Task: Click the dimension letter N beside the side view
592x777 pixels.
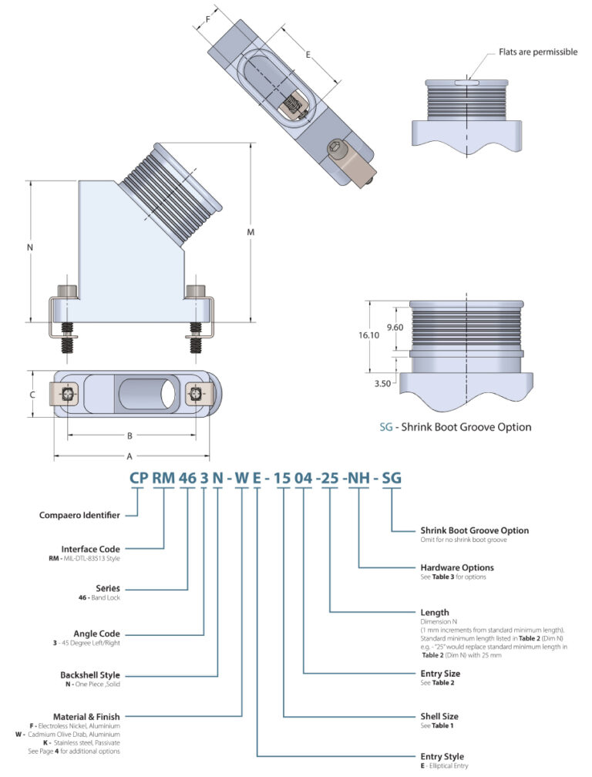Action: click(29, 247)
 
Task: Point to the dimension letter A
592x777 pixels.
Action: click(129, 455)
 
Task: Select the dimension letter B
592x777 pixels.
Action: click(129, 436)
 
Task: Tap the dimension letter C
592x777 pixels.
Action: click(32, 393)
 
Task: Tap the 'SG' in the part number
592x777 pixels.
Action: click(392, 477)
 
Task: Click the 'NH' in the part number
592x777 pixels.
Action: click(358, 477)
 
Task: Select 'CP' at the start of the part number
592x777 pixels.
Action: click(138, 477)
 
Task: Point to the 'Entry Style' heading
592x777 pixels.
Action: click(442, 756)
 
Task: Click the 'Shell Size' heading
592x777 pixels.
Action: click(439, 716)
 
